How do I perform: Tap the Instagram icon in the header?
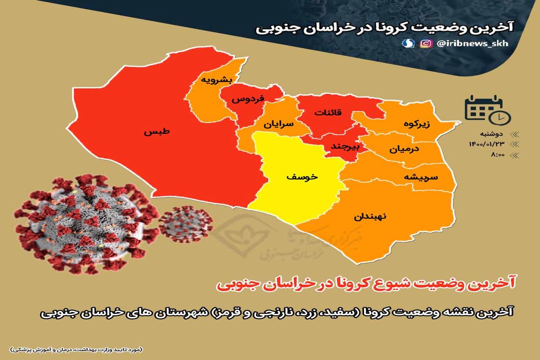[424, 44]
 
